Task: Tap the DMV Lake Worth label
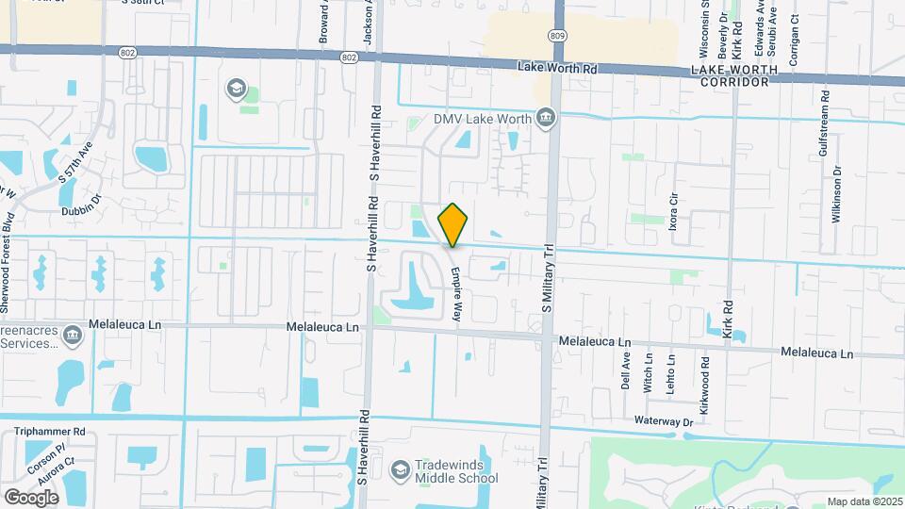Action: tap(481, 119)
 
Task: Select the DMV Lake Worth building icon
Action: tap(545, 118)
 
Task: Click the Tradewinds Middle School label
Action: tap(456, 471)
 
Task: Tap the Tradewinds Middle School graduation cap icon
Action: tap(401, 468)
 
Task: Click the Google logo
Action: tap(31, 497)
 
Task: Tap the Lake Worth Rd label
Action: tap(558, 68)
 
